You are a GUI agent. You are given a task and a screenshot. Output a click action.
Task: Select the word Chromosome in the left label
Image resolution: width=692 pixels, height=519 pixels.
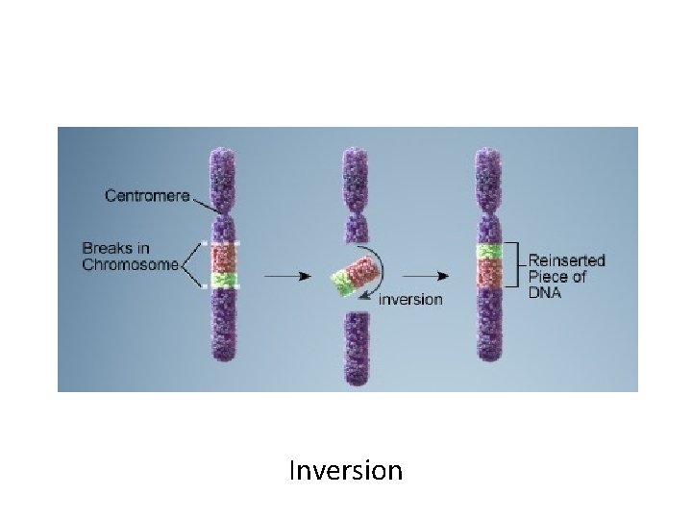point(130,265)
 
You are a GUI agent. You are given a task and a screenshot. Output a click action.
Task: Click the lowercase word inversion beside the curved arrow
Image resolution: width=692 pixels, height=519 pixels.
point(410,300)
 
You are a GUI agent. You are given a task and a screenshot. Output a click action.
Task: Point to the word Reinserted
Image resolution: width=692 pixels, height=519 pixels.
point(567,260)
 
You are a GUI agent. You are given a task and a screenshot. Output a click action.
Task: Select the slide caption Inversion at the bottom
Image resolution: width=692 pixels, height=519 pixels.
point(345,471)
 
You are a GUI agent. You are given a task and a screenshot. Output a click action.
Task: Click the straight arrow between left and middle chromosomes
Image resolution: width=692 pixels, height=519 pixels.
point(285,276)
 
